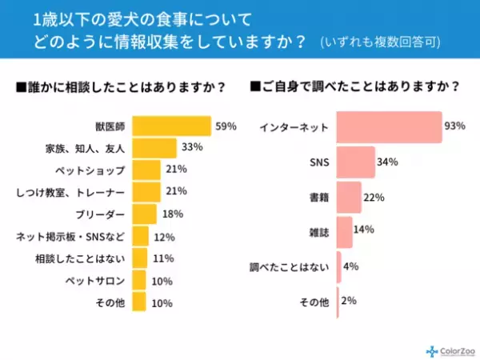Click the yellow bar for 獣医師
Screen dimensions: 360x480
(171, 126)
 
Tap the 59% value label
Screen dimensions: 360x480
(225, 126)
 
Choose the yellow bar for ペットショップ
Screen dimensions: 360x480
(146, 170)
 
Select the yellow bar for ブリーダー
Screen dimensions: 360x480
(144, 214)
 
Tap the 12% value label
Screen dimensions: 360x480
(165, 236)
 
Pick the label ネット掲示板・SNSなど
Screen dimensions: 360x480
(71, 236)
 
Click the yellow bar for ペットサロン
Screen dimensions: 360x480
(138, 280)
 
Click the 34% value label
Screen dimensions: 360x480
(389, 162)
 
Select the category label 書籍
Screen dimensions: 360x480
(318, 197)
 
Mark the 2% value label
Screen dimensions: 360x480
(350, 301)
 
